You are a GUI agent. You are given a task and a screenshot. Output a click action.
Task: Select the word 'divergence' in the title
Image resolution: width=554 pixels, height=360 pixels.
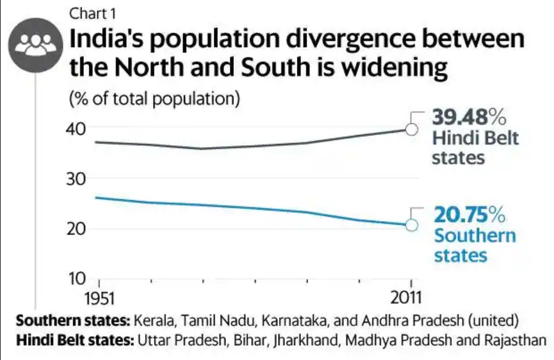coord(324,40)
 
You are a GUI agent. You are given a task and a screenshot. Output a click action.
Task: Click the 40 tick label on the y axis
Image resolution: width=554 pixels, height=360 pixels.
coord(76,129)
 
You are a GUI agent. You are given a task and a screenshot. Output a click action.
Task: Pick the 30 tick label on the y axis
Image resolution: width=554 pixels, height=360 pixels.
coord(76,179)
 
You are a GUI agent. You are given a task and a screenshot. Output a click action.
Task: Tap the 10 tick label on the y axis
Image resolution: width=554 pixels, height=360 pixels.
coord(76,278)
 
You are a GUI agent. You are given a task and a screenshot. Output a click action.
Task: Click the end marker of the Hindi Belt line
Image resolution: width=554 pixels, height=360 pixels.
coord(411,129)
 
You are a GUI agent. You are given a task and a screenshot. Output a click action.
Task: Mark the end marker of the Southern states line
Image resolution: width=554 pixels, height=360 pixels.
coord(411,225)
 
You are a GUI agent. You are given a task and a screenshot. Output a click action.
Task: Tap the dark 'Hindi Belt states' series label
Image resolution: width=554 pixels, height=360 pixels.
coord(475,148)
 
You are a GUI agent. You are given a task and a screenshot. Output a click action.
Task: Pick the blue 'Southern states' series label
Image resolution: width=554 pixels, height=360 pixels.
coord(474,245)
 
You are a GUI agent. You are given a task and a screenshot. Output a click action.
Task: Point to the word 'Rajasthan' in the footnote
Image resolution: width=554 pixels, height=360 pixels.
coord(514,341)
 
